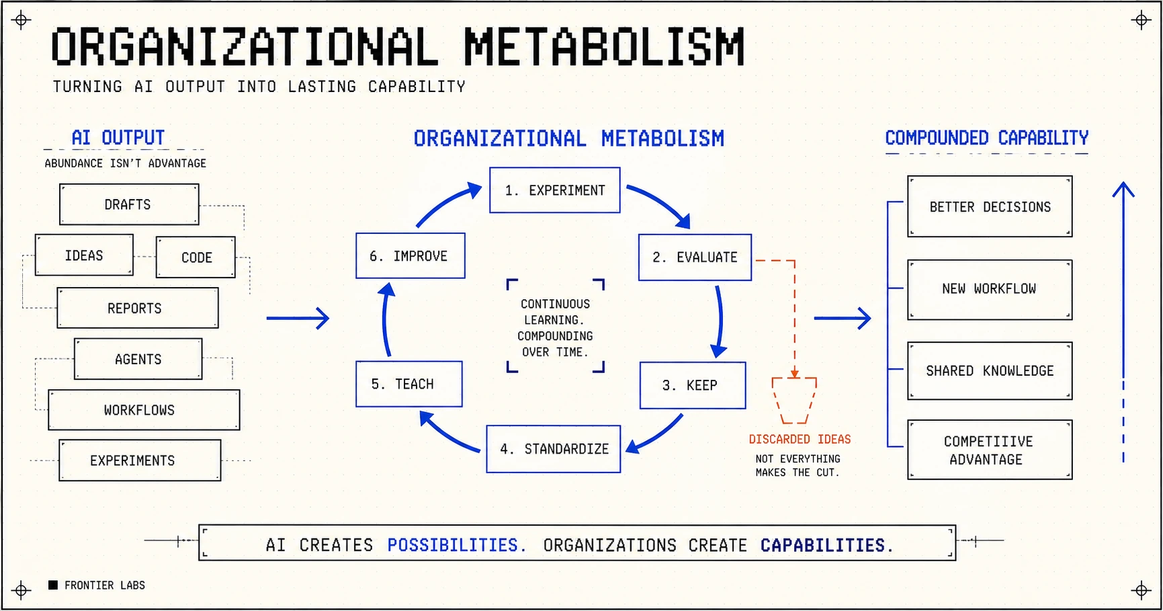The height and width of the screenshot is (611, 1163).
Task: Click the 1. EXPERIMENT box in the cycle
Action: point(555,190)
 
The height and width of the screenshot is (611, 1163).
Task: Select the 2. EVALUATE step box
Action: point(695,257)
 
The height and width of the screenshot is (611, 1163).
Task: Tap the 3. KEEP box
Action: point(693,385)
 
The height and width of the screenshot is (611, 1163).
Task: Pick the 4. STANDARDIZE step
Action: point(554,449)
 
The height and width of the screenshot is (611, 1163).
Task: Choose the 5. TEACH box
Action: point(409,384)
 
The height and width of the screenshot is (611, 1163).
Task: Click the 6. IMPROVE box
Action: point(411,255)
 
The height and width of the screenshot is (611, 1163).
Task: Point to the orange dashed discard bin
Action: point(794,401)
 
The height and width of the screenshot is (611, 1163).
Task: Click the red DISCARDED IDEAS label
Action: point(800,439)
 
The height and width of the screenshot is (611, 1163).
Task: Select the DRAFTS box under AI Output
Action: point(129,204)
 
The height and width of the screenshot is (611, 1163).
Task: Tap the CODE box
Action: point(196,257)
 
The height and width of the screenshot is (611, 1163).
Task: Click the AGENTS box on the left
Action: point(138,359)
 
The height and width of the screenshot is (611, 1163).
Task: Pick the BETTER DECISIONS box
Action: point(990,206)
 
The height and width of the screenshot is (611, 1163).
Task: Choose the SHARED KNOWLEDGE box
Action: point(990,371)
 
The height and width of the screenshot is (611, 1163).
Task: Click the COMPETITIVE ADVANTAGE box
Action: point(990,450)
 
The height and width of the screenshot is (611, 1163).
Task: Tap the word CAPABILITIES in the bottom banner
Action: point(826,545)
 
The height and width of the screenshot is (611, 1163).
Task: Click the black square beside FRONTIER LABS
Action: point(53,585)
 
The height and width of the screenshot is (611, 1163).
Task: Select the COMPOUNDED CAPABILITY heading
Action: point(986,138)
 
